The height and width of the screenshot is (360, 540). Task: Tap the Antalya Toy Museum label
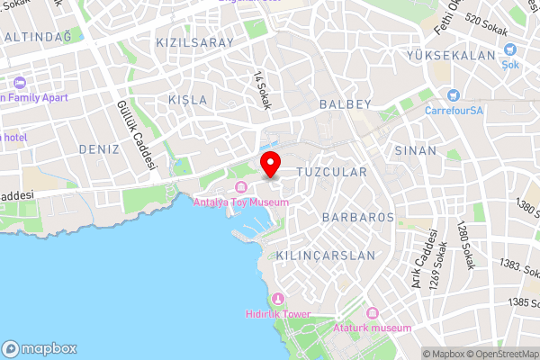pyautogui.click(x=241, y=202)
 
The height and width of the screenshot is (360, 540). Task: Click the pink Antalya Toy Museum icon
pyautogui.click(x=240, y=187)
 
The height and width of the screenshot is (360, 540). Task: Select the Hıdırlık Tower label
pyautogui.click(x=279, y=313)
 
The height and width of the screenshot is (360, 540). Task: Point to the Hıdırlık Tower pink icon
pyautogui.click(x=279, y=299)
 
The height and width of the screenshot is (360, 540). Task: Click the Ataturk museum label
pyautogui.click(x=372, y=328)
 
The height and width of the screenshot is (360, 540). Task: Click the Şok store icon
pyautogui.click(x=510, y=50)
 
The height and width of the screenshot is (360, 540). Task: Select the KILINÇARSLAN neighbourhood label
pyautogui.click(x=326, y=256)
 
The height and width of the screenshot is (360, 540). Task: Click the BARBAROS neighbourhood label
pyautogui.click(x=358, y=218)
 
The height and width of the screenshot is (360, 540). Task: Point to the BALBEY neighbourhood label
pyautogui.click(x=344, y=104)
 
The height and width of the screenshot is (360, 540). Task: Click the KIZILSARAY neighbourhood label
pyautogui.click(x=194, y=42)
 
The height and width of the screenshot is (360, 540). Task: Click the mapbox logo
pyautogui.click(x=40, y=348)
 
